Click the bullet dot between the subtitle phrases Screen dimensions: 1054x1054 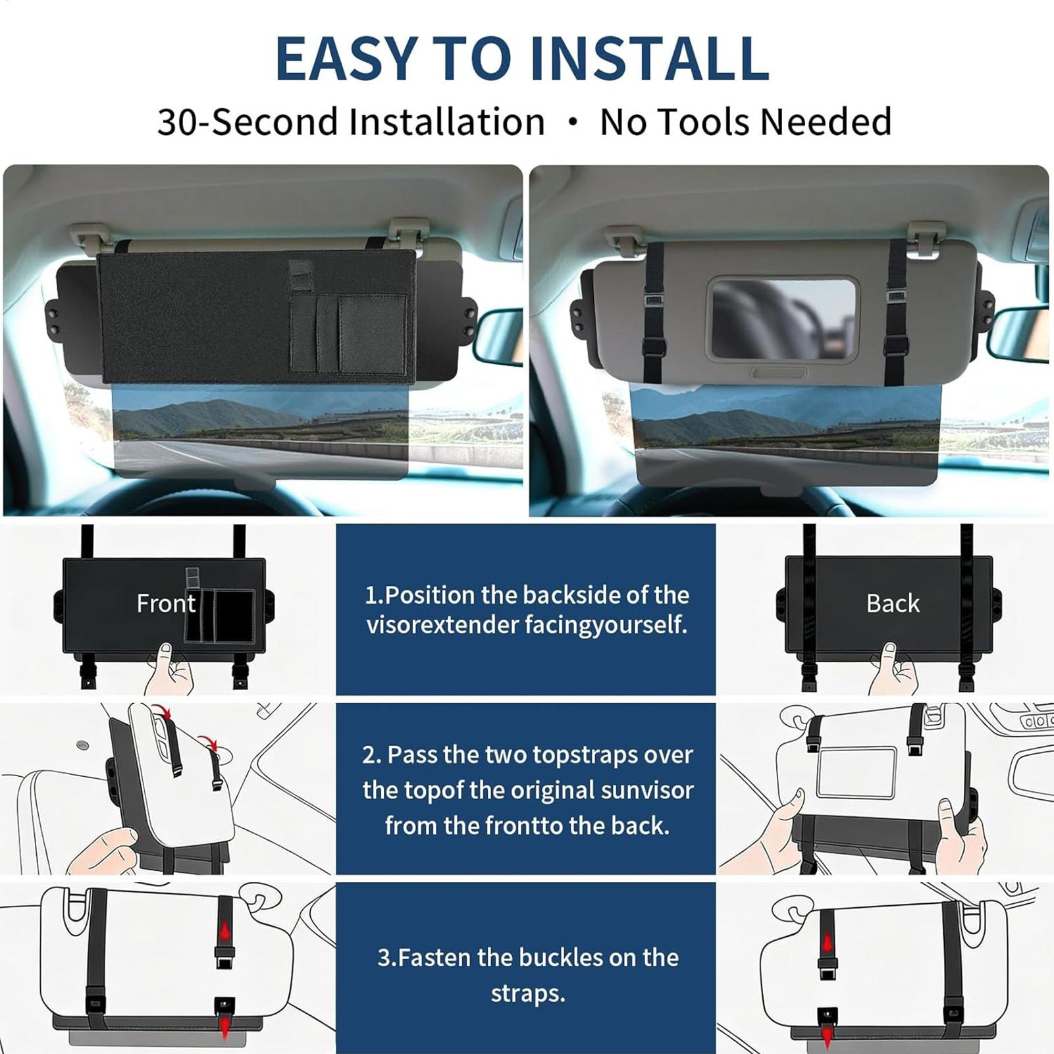pyautogui.click(x=573, y=122)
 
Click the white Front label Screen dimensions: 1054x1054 pyautogui.click(x=166, y=603)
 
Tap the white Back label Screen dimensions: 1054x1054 pyautogui.click(x=893, y=603)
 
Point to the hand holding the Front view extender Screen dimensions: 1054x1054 pyautogui.click(x=169, y=669)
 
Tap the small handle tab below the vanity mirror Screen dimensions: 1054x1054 pyautogui.click(x=779, y=373)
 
